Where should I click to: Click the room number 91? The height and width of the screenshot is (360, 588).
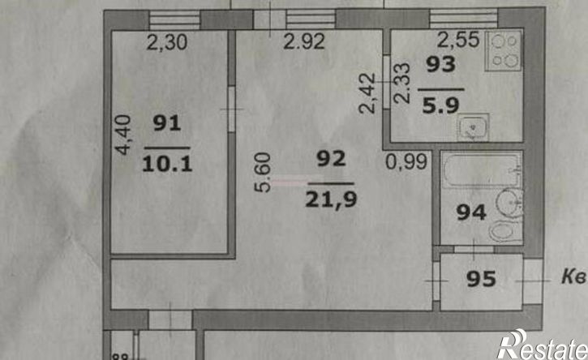(167, 123)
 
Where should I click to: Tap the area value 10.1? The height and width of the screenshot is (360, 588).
(167, 164)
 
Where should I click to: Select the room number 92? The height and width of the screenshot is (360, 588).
(331, 159)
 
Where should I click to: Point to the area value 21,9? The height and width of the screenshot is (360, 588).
(331, 199)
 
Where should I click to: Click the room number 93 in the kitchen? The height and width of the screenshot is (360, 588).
(441, 64)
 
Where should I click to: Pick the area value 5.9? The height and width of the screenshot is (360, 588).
(441, 105)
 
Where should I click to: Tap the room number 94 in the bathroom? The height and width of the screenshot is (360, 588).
(471, 212)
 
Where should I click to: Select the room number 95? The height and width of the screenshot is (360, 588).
(482, 279)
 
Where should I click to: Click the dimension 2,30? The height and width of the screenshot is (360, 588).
(167, 42)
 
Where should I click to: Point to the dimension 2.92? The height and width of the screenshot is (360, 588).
(304, 41)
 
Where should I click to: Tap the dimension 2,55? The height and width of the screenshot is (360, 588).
(458, 40)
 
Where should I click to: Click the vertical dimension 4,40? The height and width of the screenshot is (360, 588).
(123, 135)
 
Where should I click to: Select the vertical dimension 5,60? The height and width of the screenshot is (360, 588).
(263, 173)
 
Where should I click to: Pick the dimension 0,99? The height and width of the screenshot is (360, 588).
(407, 162)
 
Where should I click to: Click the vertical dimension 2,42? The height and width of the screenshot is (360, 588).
(367, 93)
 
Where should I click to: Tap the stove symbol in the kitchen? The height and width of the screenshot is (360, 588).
(504, 51)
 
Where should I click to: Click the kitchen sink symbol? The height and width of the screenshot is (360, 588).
(473, 127)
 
